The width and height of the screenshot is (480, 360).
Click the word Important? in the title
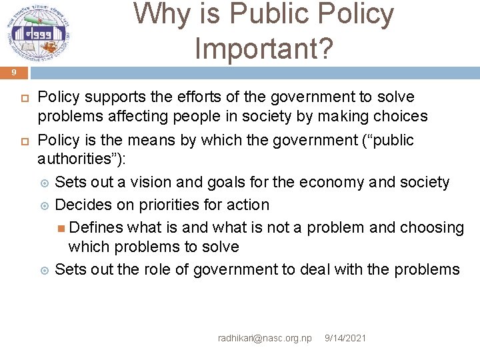click(x=263, y=47)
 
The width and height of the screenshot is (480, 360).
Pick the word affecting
click(x=131, y=117)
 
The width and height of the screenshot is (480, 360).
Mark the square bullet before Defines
click(x=61, y=228)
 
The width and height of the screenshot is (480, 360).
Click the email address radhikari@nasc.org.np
click(x=265, y=339)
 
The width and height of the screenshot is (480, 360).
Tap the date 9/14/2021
click(x=345, y=339)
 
